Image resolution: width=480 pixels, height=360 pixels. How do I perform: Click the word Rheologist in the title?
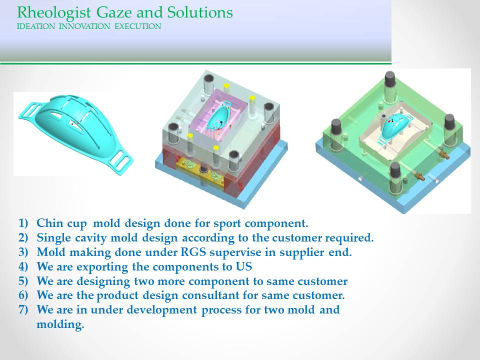pyautogui.click(x=54, y=13)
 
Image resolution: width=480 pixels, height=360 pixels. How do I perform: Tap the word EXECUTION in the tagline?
pyautogui.click(x=138, y=26)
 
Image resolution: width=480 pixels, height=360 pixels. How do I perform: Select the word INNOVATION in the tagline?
pyautogui.click(x=84, y=26)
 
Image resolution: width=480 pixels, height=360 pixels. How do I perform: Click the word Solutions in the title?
pyautogui.click(x=200, y=12)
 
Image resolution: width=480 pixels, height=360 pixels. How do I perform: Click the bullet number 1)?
pyautogui.click(x=23, y=223)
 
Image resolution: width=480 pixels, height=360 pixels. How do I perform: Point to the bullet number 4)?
pyautogui.click(x=23, y=266)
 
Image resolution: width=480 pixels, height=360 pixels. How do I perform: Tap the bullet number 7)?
pyautogui.click(x=23, y=309)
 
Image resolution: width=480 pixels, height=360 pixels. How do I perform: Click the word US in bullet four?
pyautogui.click(x=243, y=266)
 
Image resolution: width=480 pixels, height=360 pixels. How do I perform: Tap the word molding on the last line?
pyautogui.click(x=60, y=324)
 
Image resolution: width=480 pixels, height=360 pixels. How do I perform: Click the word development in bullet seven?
pyautogui.click(x=161, y=310)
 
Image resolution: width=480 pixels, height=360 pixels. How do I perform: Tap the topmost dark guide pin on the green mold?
pyautogui.click(x=389, y=79)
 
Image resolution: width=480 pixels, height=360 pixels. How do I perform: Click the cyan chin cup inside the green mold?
pyautogui.click(x=394, y=125)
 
